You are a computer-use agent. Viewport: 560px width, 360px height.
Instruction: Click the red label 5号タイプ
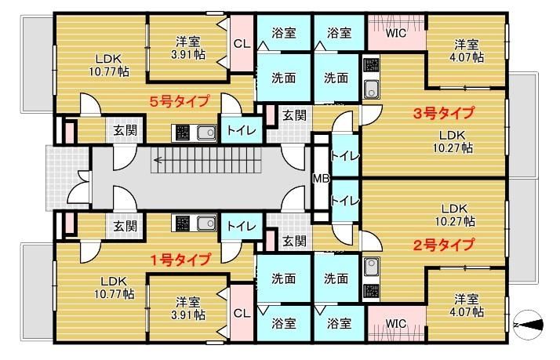click(180, 100)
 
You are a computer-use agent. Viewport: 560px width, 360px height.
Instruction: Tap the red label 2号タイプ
click(443, 245)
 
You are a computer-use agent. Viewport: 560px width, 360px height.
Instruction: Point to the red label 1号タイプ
click(180, 259)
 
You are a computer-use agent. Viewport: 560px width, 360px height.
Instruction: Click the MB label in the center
click(321, 178)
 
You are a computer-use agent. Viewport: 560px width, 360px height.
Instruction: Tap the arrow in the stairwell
click(160, 162)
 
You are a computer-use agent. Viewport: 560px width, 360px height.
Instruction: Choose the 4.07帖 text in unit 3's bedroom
click(464, 53)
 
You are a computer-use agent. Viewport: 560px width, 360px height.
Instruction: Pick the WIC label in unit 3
click(396, 34)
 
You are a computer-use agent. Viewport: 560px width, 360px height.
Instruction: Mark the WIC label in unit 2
click(396, 323)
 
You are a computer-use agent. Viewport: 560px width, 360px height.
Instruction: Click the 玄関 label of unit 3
click(294, 115)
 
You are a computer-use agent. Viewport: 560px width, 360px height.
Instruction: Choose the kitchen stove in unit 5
click(181, 132)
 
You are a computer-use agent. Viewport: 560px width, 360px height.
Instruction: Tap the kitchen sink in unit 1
click(206, 225)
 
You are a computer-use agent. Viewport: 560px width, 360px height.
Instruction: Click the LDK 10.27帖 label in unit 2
click(455, 215)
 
